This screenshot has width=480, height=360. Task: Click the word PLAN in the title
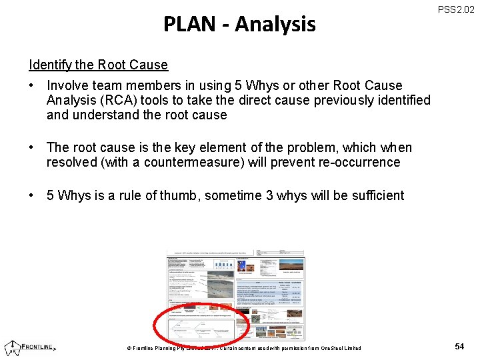coord(189,25)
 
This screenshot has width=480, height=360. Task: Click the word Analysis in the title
coord(275,25)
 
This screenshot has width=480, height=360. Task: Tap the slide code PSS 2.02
coord(456,9)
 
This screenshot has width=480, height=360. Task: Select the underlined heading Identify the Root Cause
coord(98,65)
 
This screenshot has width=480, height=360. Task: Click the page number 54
coord(459,347)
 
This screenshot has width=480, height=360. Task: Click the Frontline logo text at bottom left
coord(39,347)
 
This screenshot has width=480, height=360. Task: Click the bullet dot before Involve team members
coord(32,85)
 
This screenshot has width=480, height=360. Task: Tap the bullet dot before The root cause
coord(32,147)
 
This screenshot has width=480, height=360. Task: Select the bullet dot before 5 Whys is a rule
coord(32,195)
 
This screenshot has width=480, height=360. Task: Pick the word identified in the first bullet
coord(405,100)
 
